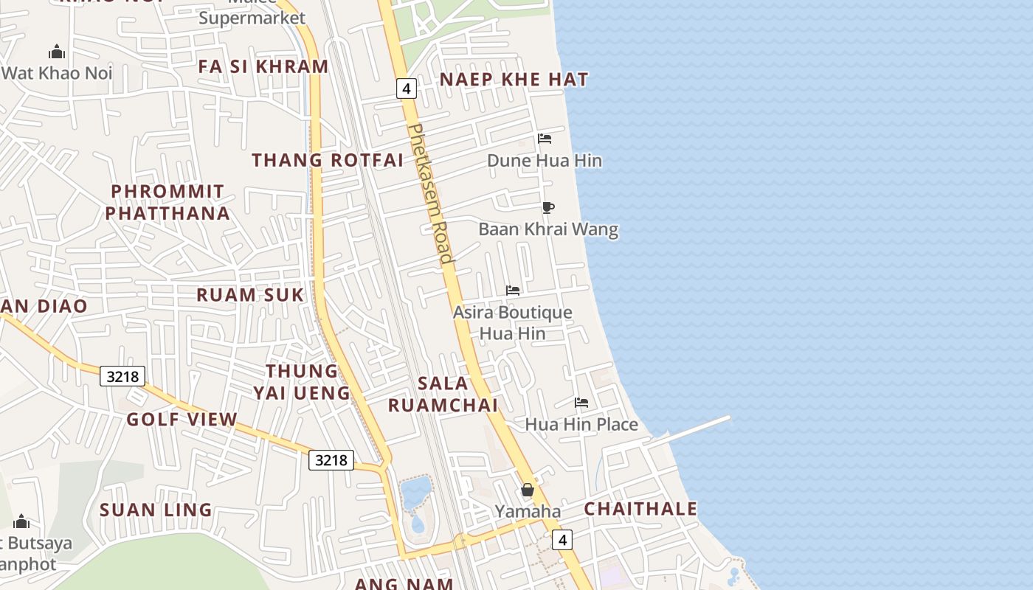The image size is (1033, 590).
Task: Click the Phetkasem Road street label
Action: coord(429,193)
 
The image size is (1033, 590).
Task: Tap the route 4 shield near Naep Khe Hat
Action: coord(406,88)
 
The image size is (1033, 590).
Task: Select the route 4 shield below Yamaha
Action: coord(563,540)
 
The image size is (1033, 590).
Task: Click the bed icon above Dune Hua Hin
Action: coord(545,139)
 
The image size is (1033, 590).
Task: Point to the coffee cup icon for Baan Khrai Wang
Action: coord(547,207)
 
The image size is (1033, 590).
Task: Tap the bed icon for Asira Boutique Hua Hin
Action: coord(513,291)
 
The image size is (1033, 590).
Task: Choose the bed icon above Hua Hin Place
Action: coord(581,403)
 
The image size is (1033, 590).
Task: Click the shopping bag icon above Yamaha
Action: coord(528,490)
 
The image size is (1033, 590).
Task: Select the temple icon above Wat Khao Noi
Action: coord(57,52)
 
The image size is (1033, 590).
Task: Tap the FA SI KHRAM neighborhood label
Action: coord(263,66)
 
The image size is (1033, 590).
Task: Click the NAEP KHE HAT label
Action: coord(514,80)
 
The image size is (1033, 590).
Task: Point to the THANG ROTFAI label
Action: coord(328,160)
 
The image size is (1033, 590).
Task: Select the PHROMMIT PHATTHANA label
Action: coord(167,202)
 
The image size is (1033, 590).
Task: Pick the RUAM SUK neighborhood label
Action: coord(250,295)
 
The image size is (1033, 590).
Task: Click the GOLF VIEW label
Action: coord(182,420)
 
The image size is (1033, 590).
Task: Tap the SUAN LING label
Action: coord(156,510)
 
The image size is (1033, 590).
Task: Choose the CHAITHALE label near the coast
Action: coord(640,509)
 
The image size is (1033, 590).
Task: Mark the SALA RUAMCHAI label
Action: coord(443,394)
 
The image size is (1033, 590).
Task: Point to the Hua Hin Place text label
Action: coord(581,424)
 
